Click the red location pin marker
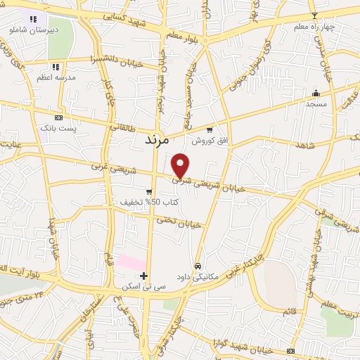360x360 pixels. tap(181, 165)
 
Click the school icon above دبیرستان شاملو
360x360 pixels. tap(33, 19)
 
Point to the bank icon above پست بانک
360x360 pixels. tap(58, 117)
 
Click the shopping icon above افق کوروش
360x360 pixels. tap(210, 130)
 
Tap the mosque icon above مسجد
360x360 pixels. tap(316, 93)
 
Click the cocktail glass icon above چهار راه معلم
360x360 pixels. tap(314, 15)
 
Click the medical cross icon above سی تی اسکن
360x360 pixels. tap(144, 275)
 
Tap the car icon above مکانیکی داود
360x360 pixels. tap(199, 266)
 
